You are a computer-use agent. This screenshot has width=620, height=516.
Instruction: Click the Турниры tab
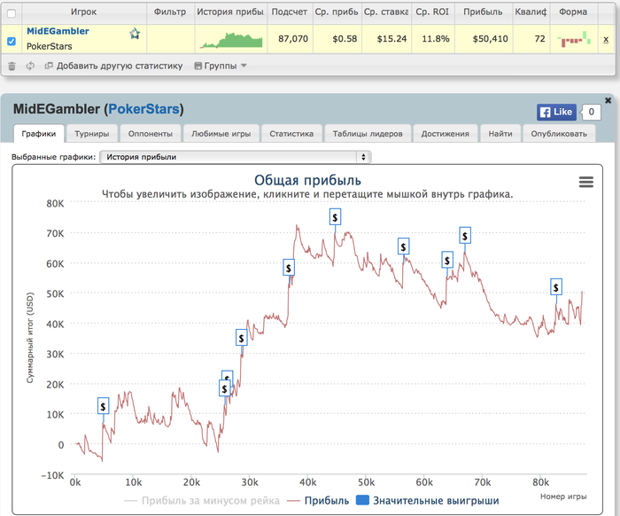coord(92,134)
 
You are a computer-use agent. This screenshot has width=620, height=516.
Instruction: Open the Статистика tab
coord(292,134)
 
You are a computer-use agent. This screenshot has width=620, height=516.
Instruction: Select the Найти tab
coord(500,134)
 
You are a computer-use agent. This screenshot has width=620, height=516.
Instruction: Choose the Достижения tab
coord(446,134)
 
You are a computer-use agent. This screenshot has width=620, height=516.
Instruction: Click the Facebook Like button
coord(555,112)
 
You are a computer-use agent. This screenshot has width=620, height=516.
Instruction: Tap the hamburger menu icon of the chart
coord(585,182)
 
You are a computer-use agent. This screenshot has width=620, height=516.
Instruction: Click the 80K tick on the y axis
coord(55,203)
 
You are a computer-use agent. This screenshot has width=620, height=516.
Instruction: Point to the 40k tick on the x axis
coord(308,483)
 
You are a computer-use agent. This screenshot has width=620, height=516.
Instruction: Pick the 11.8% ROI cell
coord(433,39)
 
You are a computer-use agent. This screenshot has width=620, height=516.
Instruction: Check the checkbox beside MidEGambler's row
coord(12,40)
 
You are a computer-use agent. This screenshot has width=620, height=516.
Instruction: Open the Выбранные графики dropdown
coord(234,157)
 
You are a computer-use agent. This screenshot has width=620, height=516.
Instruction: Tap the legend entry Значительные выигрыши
coord(435,501)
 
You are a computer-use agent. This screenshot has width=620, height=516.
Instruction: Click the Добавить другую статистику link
coord(112,66)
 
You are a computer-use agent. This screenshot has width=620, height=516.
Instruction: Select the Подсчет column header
coord(290,12)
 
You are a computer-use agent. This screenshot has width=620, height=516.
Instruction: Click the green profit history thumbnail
coord(231,40)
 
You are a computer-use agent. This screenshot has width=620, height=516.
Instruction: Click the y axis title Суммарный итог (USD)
coord(29,339)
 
